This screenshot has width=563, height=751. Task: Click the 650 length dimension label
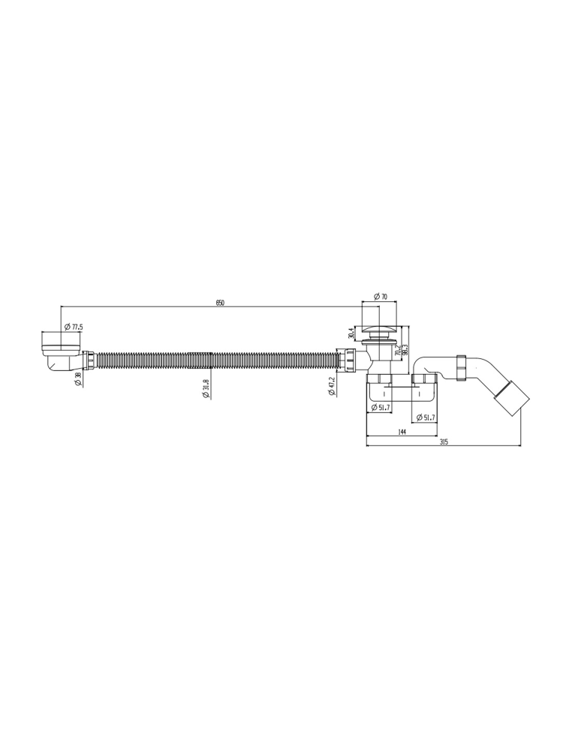click(220, 303)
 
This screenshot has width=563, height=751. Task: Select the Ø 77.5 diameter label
click(74, 327)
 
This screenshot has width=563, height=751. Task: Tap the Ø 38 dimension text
click(78, 379)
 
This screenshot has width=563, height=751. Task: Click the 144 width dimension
click(402, 433)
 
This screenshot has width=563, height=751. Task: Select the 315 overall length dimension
click(443, 442)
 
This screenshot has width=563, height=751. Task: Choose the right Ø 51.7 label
click(425, 417)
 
